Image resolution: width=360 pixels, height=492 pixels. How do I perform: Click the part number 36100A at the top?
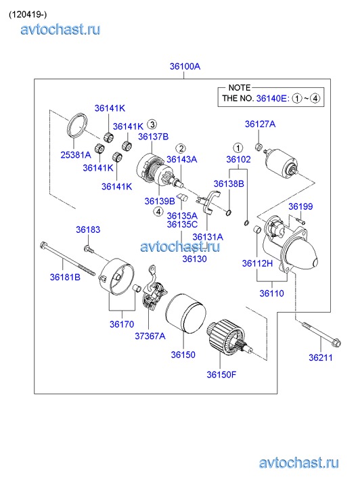tap(185, 66)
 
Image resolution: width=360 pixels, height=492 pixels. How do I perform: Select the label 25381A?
tap(76, 155)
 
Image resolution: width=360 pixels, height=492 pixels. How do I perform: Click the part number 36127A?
tap(261, 125)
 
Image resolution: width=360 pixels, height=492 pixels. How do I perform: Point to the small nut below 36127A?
tap(258, 146)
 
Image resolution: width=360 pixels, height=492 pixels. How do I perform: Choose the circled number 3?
tap(152, 125)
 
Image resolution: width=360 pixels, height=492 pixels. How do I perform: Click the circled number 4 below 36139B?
tap(158, 212)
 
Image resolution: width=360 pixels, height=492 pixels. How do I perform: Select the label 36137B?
tap(153, 137)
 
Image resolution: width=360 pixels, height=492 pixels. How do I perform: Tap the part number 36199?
tap(300, 206)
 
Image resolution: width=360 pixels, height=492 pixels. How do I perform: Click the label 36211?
tap(321, 357)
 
